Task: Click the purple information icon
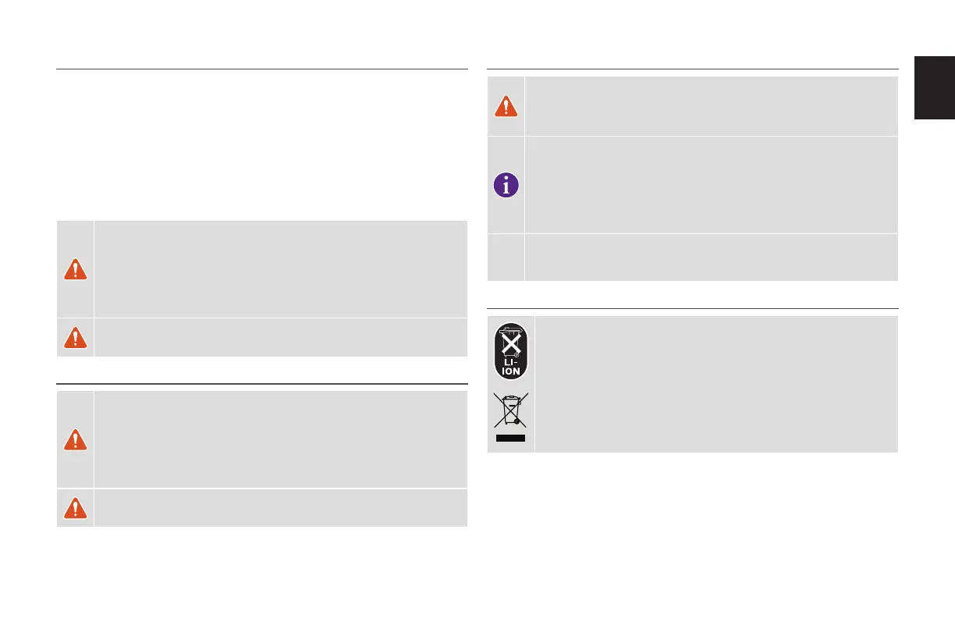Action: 506,185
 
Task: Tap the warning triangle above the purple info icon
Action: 506,107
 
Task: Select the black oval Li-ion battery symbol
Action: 511,352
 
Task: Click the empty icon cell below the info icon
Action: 506,257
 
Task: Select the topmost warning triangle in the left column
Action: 75,268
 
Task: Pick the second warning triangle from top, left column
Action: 75,337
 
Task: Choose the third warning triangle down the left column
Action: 75,439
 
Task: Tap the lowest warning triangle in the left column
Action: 75,508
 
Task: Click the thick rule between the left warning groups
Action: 262,384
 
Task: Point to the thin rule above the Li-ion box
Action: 693,308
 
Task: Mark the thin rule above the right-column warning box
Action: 693,69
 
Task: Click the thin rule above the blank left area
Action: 262,69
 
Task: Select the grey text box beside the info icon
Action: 712,185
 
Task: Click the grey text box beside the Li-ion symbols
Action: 716,384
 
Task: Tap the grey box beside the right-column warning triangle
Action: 712,106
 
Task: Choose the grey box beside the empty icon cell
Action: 712,257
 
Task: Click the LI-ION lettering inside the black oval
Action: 511,368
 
